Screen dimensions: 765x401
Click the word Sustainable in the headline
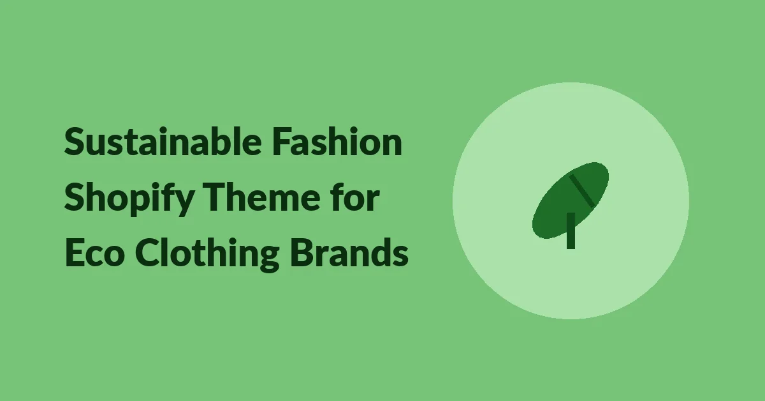163,142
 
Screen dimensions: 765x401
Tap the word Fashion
337,142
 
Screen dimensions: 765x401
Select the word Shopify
129,199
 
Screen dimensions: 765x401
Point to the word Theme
261,197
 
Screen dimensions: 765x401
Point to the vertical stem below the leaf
571,231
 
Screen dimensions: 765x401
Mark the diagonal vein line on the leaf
582,190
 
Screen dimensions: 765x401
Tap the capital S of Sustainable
75,142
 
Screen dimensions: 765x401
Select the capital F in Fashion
282,142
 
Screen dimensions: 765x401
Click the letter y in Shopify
185,203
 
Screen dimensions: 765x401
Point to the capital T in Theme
215,197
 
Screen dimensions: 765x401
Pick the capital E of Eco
75,252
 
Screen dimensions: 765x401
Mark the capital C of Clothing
148,252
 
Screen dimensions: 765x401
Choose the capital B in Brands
302,252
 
